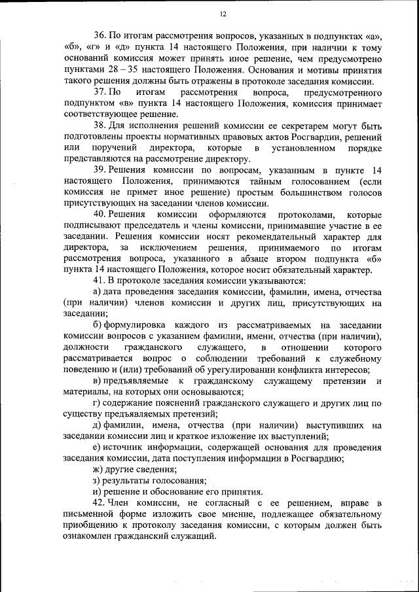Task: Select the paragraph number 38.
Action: point(101,125)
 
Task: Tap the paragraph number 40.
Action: point(101,215)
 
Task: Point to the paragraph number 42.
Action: point(101,502)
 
